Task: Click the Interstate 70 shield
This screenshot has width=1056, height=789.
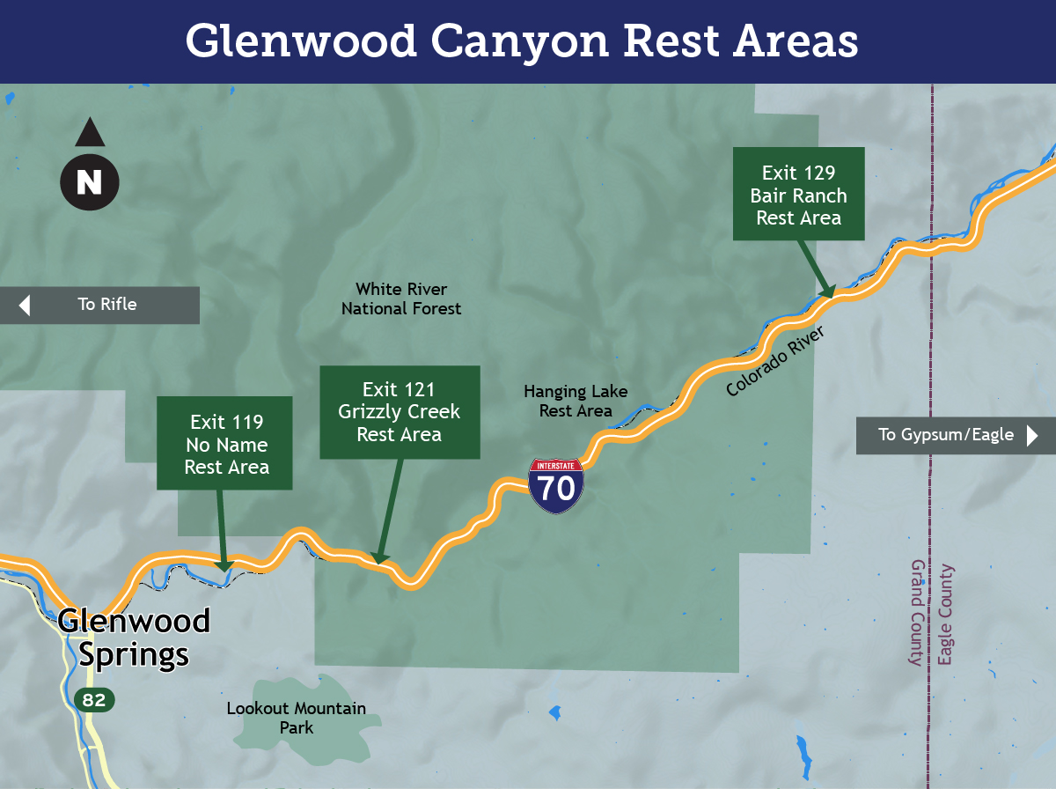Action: click(556, 485)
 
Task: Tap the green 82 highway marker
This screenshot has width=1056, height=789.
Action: click(93, 700)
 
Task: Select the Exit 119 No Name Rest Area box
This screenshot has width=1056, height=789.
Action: click(225, 444)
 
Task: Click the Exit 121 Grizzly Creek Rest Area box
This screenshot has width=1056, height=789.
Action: click(400, 412)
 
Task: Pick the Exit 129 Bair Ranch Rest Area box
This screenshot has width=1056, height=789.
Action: click(799, 195)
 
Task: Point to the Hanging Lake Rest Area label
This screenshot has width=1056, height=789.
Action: click(576, 401)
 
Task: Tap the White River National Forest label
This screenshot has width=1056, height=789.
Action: click(401, 299)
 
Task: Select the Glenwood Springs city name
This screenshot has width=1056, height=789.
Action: click(134, 638)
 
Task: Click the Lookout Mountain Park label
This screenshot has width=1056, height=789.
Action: click(297, 718)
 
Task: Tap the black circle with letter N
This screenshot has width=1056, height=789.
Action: click(89, 181)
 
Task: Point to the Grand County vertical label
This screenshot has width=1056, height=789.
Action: click(916, 612)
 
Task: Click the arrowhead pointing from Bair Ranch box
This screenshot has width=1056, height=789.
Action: click(826, 291)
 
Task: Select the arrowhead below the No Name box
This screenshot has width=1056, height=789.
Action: click(224, 564)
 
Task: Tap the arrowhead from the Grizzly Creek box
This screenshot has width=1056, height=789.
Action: click(378, 557)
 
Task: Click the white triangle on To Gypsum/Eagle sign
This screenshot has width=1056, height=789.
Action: click(1032, 434)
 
